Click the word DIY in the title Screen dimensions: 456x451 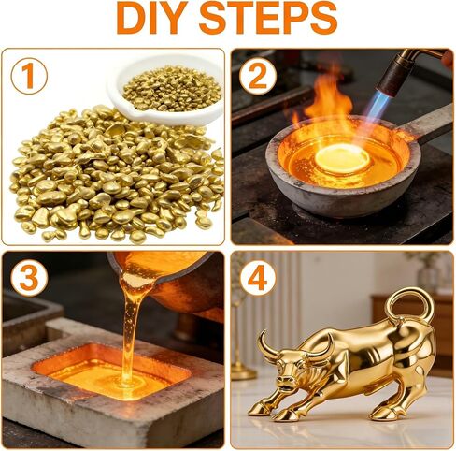click(x=152, y=18)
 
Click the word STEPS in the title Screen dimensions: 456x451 click(x=268, y=18)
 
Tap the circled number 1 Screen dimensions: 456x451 click(x=29, y=75)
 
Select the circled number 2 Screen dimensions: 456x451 click(x=258, y=77)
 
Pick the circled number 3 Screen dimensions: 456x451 click(x=29, y=277)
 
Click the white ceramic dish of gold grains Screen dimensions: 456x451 click(x=167, y=91)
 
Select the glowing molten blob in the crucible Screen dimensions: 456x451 click(x=342, y=158)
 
